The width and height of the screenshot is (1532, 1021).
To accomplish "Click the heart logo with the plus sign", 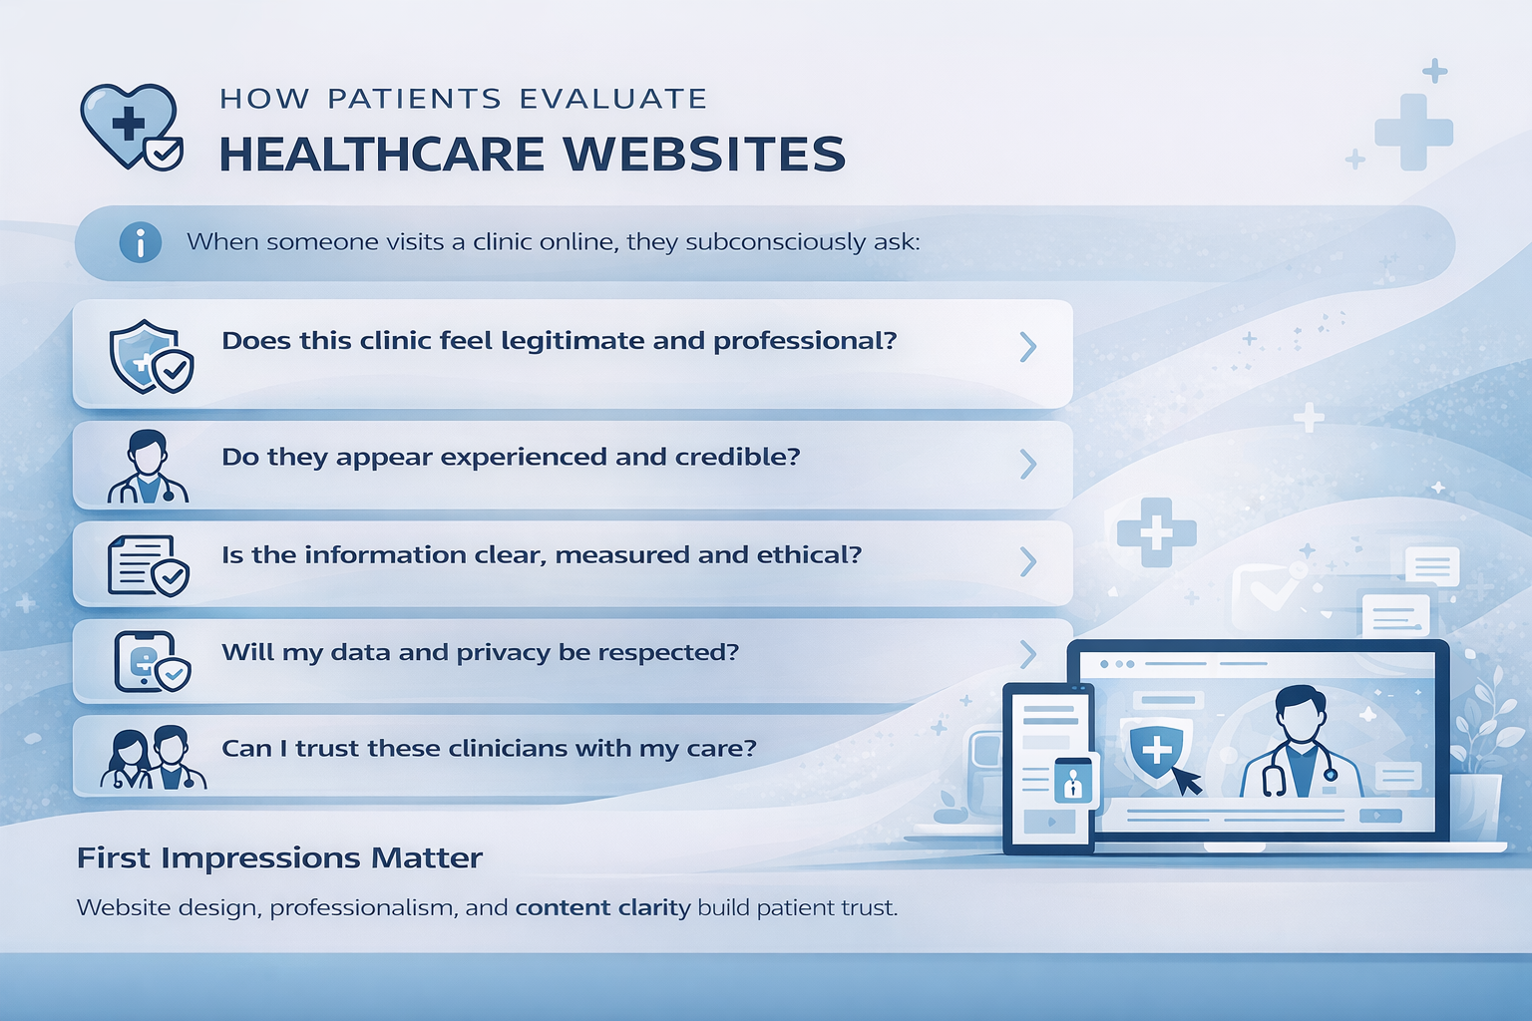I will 130,127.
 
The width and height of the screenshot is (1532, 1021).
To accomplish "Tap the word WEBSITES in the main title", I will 704,155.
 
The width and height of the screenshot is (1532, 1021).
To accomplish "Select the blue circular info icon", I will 141,242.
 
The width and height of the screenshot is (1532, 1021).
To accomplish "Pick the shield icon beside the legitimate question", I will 150,356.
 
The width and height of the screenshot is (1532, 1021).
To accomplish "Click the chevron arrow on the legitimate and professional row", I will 1028,347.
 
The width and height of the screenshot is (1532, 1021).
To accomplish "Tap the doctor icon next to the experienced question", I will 148,467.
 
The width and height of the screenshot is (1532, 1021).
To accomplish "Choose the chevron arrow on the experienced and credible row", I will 1028,464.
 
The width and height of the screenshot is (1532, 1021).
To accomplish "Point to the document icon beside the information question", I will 148,565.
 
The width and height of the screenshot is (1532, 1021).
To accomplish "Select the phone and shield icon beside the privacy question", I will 151,661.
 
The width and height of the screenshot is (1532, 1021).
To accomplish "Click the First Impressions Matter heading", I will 279,857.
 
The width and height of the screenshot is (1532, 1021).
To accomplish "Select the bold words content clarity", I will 602,907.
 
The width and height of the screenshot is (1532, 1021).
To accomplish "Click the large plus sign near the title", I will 1413,132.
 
